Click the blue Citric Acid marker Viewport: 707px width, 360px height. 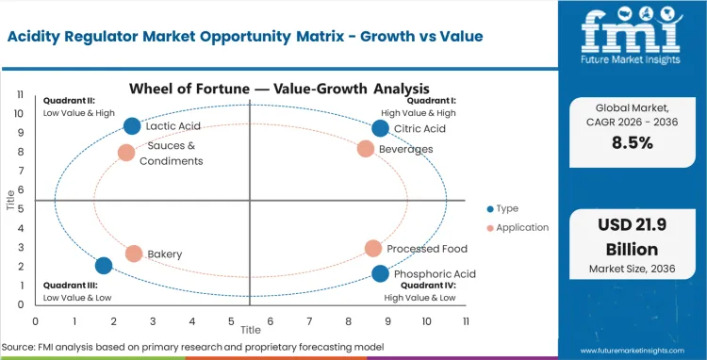(380, 128)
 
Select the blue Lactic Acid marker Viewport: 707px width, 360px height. (132, 126)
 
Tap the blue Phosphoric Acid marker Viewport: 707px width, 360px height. (380, 273)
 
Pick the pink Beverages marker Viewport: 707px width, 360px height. (366, 149)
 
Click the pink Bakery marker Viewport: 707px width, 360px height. (134, 254)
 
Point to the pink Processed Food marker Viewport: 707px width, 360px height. (373, 248)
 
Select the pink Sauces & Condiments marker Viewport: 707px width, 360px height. (126, 153)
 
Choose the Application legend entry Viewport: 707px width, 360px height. (518, 227)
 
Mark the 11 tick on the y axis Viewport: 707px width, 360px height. (21, 95)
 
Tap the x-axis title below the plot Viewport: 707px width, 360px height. (250, 331)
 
